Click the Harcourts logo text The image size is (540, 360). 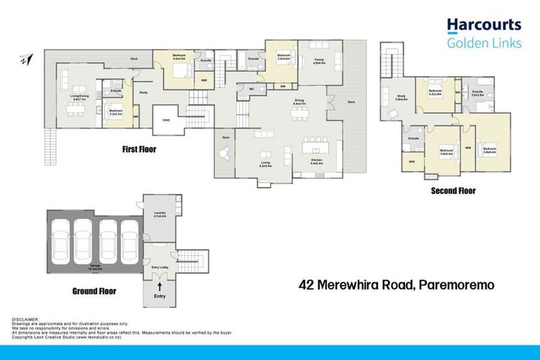[484, 25]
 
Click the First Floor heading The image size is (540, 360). [139, 149]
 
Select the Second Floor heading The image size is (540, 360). [454, 191]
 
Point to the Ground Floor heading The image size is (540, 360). [94, 290]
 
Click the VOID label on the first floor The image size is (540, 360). [166, 119]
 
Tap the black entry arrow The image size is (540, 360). [160, 287]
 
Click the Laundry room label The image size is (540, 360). [160, 213]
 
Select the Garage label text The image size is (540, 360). [94, 266]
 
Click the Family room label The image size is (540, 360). [319, 61]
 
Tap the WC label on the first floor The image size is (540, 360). [251, 89]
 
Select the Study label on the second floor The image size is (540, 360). [401, 97]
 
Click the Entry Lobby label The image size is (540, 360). [160, 267]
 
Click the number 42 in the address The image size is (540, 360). [307, 285]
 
